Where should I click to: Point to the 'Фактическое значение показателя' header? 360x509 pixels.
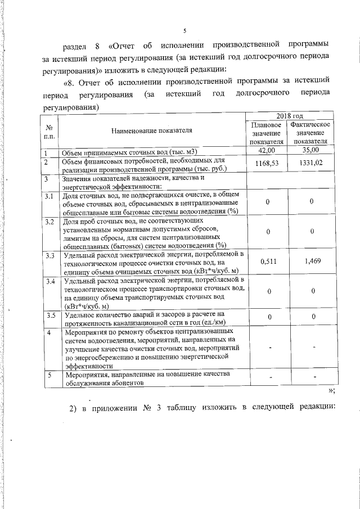(x=310, y=132)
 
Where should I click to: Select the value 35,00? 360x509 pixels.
(x=310, y=151)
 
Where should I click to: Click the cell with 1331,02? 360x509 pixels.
(x=310, y=164)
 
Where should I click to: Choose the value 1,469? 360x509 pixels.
(x=310, y=261)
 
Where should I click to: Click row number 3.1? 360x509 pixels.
(x=49, y=196)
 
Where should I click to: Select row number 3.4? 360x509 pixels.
(x=49, y=281)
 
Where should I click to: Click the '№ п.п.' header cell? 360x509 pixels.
(x=49, y=132)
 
